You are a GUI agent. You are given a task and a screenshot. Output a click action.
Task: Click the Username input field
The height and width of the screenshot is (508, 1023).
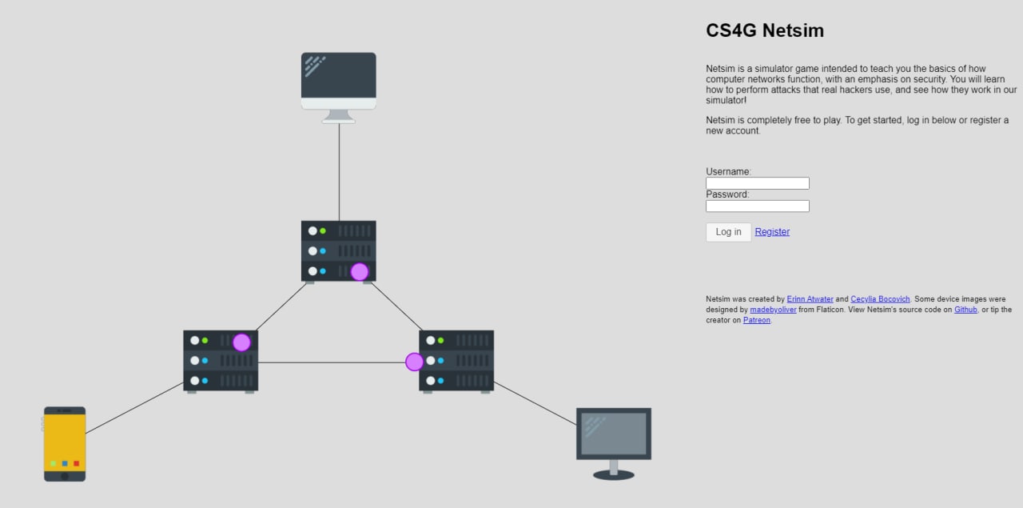pos(757,183)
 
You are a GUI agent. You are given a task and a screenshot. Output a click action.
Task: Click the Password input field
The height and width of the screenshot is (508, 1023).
pos(757,206)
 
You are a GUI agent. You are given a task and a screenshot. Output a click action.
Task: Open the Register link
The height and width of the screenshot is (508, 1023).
pos(772,232)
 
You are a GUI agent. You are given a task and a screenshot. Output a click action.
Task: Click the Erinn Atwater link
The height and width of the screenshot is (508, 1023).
pos(810,299)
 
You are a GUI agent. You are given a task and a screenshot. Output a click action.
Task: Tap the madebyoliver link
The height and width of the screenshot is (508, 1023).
pos(773,310)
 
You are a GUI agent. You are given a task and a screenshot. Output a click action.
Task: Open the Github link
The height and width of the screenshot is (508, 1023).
pos(965,310)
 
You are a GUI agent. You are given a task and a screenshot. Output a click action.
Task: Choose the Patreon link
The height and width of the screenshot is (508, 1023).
pos(756,320)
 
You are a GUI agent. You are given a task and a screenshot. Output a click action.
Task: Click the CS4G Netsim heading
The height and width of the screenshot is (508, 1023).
pos(764,31)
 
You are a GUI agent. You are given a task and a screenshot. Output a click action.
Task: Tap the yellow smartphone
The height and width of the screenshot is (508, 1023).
pos(65,443)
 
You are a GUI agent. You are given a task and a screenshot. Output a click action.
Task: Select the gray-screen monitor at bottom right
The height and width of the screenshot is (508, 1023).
pos(613,434)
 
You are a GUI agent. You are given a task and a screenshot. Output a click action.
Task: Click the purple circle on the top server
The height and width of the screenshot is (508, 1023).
pos(360,272)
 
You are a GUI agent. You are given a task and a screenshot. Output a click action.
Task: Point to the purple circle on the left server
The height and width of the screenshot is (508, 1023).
pos(241,342)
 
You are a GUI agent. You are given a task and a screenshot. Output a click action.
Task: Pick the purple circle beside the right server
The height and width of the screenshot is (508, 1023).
pos(414,362)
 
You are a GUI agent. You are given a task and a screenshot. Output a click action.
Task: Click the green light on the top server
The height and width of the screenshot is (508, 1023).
pos(323,231)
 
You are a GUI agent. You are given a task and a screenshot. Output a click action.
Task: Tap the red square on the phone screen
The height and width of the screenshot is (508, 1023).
pos(77,463)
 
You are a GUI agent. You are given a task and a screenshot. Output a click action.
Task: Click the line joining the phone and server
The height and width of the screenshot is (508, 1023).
pos(134,408)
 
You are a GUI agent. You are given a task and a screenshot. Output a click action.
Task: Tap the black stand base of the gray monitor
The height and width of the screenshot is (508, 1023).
pos(613,475)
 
